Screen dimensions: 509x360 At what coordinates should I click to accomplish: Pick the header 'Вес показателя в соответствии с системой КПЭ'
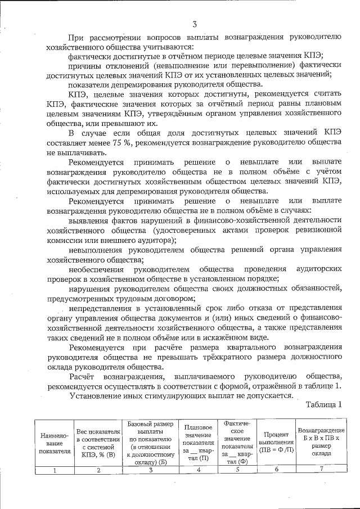(x=98, y=443)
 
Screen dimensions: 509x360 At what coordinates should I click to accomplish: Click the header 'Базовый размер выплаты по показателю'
(x=151, y=442)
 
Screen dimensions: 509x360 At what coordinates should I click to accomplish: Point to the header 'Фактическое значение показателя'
(x=236, y=442)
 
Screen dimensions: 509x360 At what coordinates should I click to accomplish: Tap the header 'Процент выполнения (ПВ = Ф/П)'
(x=275, y=443)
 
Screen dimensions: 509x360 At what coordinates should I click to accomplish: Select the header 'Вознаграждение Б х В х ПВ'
(x=321, y=443)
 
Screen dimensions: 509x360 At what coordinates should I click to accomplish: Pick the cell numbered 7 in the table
(x=321, y=470)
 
